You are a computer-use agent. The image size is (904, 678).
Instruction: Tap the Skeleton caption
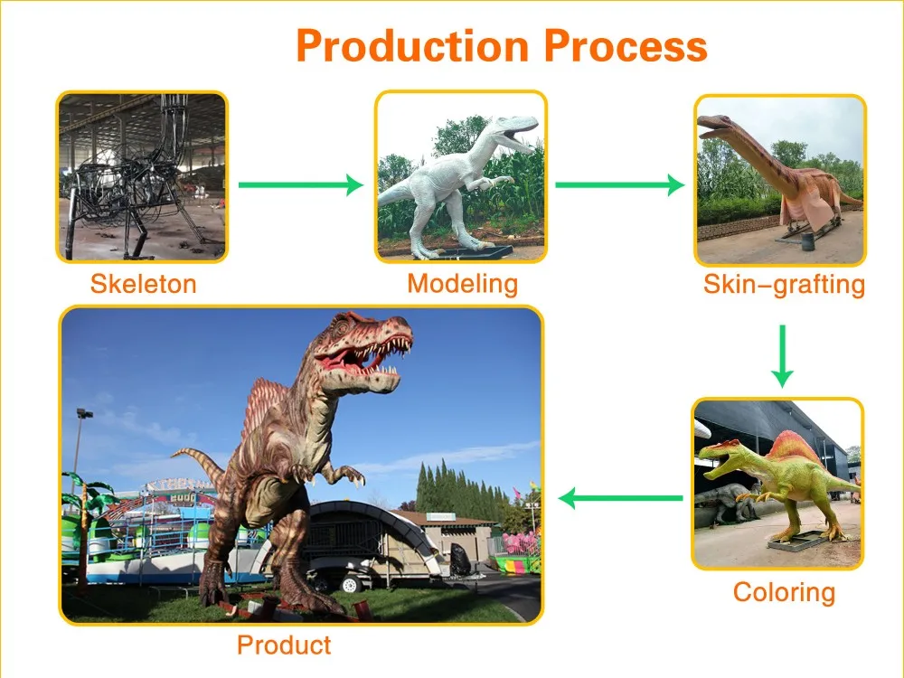(x=143, y=285)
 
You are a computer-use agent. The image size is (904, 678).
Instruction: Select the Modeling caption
(x=462, y=284)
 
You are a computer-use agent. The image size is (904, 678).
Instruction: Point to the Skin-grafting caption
(x=784, y=286)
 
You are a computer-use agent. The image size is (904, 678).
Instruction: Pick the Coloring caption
(x=784, y=593)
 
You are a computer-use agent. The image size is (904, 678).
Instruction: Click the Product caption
(x=284, y=645)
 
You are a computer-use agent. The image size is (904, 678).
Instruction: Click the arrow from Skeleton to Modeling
(x=300, y=185)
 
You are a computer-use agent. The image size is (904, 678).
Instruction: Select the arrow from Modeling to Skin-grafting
(x=619, y=185)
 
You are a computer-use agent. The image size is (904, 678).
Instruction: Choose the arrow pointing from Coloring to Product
(x=620, y=497)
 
